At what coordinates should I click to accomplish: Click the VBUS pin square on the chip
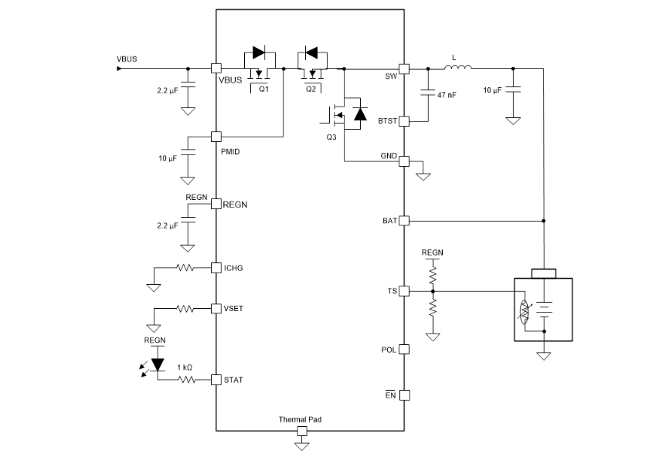click(x=216, y=68)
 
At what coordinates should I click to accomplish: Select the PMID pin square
click(x=216, y=137)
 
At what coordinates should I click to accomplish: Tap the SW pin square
click(x=403, y=68)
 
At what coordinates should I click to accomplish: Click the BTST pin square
click(x=403, y=121)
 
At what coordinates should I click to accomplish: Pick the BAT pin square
click(x=403, y=221)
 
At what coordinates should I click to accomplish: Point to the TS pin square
click(x=403, y=291)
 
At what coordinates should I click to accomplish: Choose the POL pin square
click(x=403, y=349)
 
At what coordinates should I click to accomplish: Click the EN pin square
click(x=403, y=395)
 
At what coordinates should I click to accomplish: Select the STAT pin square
click(x=216, y=380)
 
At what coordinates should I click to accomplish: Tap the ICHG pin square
click(x=216, y=268)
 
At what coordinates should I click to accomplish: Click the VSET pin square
click(x=216, y=308)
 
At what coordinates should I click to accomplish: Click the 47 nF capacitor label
click(x=446, y=96)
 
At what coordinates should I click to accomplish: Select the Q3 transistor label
click(x=331, y=137)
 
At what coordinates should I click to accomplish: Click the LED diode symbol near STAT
click(x=158, y=364)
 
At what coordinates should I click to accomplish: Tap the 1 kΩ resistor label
click(x=185, y=367)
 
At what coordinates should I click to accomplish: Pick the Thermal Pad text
click(x=301, y=420)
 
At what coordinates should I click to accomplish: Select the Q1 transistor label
click(x=263, y=89)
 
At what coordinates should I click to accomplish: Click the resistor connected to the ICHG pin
click(x=185, y=268)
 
